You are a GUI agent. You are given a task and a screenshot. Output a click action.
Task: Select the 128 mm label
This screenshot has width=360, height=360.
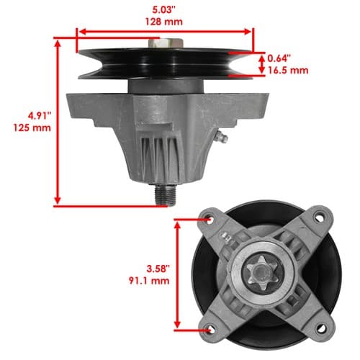164,22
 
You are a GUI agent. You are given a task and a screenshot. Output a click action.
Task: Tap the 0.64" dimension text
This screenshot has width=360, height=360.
279,58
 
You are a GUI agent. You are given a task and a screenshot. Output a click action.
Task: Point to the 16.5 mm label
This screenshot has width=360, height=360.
288,71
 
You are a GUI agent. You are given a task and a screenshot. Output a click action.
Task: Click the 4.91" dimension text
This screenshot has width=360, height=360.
40,116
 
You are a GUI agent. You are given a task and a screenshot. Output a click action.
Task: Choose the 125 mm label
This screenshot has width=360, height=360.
32,127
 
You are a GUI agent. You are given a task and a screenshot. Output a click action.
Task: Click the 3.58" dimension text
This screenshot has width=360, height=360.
158,269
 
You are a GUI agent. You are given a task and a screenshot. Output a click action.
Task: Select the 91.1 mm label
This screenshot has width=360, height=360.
149,281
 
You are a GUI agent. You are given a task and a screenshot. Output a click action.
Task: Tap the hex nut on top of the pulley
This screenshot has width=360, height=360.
166,44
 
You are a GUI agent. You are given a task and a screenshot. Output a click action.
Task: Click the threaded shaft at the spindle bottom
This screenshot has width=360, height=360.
166,195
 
